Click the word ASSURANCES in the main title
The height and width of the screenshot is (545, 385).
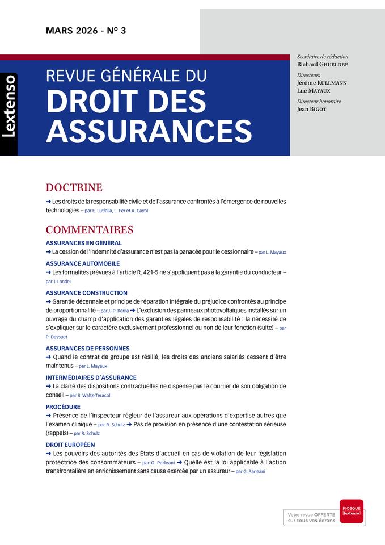(149, 131)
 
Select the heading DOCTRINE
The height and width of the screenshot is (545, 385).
(74, 187)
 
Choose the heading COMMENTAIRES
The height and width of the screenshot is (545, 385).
(89, 230)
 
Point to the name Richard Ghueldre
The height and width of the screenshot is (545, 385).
(322, 65)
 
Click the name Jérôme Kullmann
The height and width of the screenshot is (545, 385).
(321, 82)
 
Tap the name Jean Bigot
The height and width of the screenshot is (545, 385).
(311, 109)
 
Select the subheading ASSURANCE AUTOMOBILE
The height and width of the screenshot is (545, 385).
(83, 263)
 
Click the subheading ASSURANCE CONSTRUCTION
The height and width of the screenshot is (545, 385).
(87, 293)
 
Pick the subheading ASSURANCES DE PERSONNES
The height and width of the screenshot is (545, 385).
(87, 348)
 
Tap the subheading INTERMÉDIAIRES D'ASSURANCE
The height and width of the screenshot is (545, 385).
(91, 378)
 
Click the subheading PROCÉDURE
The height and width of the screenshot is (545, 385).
(63, 407)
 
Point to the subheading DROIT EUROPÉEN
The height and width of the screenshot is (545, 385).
(70, 445)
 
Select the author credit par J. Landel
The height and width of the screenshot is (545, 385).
(59, 282)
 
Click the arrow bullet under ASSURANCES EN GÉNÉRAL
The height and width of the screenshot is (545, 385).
(48, 251)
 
